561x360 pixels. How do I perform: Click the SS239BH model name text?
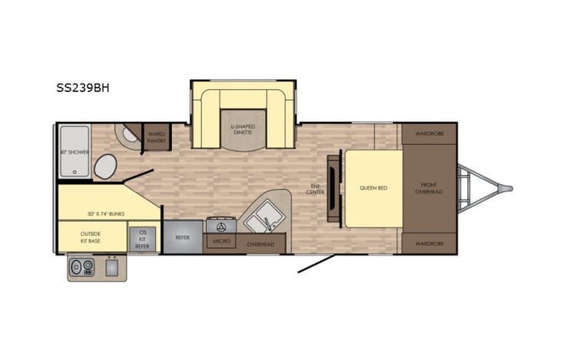[82, 87]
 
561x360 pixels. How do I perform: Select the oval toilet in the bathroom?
[106, 165]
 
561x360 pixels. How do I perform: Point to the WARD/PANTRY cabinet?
[157, 136]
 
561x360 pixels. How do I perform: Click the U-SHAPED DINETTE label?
[243, 129]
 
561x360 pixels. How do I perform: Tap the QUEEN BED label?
[372, 187]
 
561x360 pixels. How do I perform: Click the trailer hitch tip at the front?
[508, 187]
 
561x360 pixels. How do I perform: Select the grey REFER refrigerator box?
[183, 238]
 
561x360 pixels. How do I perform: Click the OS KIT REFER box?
[142, 239]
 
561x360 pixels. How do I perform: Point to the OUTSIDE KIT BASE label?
[91, 237]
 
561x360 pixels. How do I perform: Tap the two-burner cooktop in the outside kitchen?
[81, 266]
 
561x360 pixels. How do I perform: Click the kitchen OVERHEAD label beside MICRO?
[260, 244]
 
